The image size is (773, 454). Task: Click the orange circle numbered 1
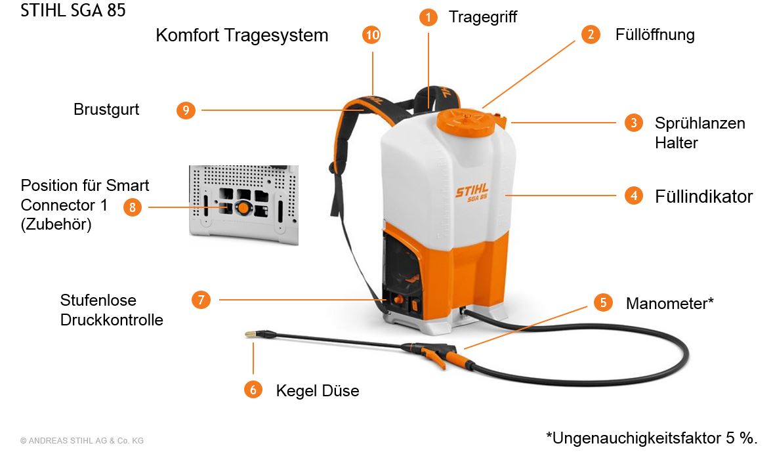click(x=428, y=17)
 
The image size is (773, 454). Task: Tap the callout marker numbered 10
click(x=371, y=35)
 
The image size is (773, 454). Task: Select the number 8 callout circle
click(x=132, y=207)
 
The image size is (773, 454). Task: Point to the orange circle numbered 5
click(x=603, y=302)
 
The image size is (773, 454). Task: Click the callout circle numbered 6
click(x=253, y=390)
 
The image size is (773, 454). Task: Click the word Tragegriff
click(x=482, y=17)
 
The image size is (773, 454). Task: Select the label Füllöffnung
click(x=655, y=35)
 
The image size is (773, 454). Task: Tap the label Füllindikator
click(x=703, y=196)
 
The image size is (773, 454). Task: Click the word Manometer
click(x=667, y=303)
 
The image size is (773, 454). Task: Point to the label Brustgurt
click(x=106, y=110)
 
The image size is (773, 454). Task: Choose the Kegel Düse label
click(x=318, y=390)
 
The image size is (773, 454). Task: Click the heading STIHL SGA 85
click(x=73, y=10)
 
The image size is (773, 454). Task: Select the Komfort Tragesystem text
click(x=242, y=35)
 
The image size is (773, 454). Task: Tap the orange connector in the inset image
click(x=243, y=207)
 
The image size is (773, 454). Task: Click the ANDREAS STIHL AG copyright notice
click(x=82, y=441)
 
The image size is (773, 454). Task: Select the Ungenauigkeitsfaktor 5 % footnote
click(x=651, y=438)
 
